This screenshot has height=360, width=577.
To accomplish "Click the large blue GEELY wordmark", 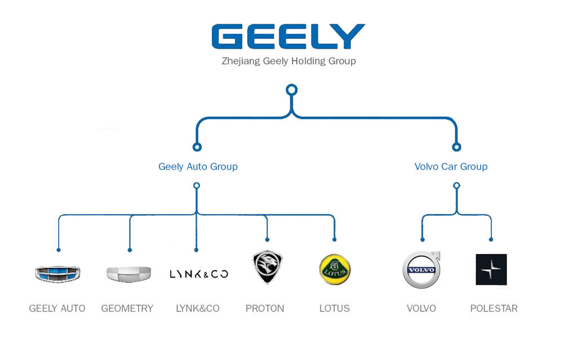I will coord(288,36).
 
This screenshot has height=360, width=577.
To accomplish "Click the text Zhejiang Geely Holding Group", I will coord(288,61).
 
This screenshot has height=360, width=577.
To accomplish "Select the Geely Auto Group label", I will coord(198,166).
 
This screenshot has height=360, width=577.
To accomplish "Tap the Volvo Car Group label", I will coord(451,166).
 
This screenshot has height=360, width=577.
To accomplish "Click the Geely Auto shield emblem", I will coord(57,274).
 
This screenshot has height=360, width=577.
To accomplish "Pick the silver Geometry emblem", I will coord(128,274).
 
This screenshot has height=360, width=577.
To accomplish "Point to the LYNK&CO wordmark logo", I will coord(198,274).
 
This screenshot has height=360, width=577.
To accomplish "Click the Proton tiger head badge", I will coord(267,268).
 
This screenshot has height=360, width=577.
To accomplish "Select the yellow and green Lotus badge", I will coord(335,269).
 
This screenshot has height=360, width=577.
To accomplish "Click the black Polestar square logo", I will coord(491,269).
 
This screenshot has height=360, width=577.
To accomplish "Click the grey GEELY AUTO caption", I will coord(57,308).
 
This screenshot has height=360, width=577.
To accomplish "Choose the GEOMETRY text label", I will coord(127,308).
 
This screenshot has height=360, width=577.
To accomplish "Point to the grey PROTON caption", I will coord(265,308).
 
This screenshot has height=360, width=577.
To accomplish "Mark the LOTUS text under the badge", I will coord(335,308).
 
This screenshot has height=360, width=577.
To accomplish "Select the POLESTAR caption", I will coord(494,308).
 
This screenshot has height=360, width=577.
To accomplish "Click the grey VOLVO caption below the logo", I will coord(421,308).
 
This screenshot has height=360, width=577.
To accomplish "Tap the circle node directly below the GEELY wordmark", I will coord(291,90).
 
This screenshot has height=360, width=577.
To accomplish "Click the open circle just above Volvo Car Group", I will coord(456,147).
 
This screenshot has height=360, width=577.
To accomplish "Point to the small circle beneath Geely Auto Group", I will coord(197,185).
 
